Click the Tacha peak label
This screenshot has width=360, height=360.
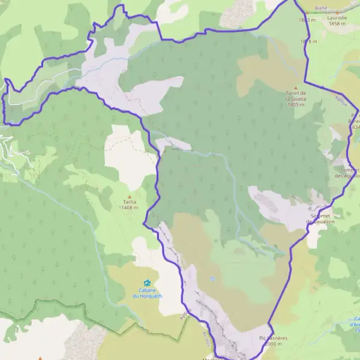129,202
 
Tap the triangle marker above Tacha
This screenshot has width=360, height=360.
129,196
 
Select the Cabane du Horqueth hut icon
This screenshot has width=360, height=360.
147,283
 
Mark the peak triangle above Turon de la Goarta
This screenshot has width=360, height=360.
295,87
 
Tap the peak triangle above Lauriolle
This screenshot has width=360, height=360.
338,12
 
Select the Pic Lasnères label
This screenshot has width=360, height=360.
274,338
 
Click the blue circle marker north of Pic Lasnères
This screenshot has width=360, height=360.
212,279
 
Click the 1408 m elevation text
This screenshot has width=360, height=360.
129,208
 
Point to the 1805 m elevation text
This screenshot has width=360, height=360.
296,104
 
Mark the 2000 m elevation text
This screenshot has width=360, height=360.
273,344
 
